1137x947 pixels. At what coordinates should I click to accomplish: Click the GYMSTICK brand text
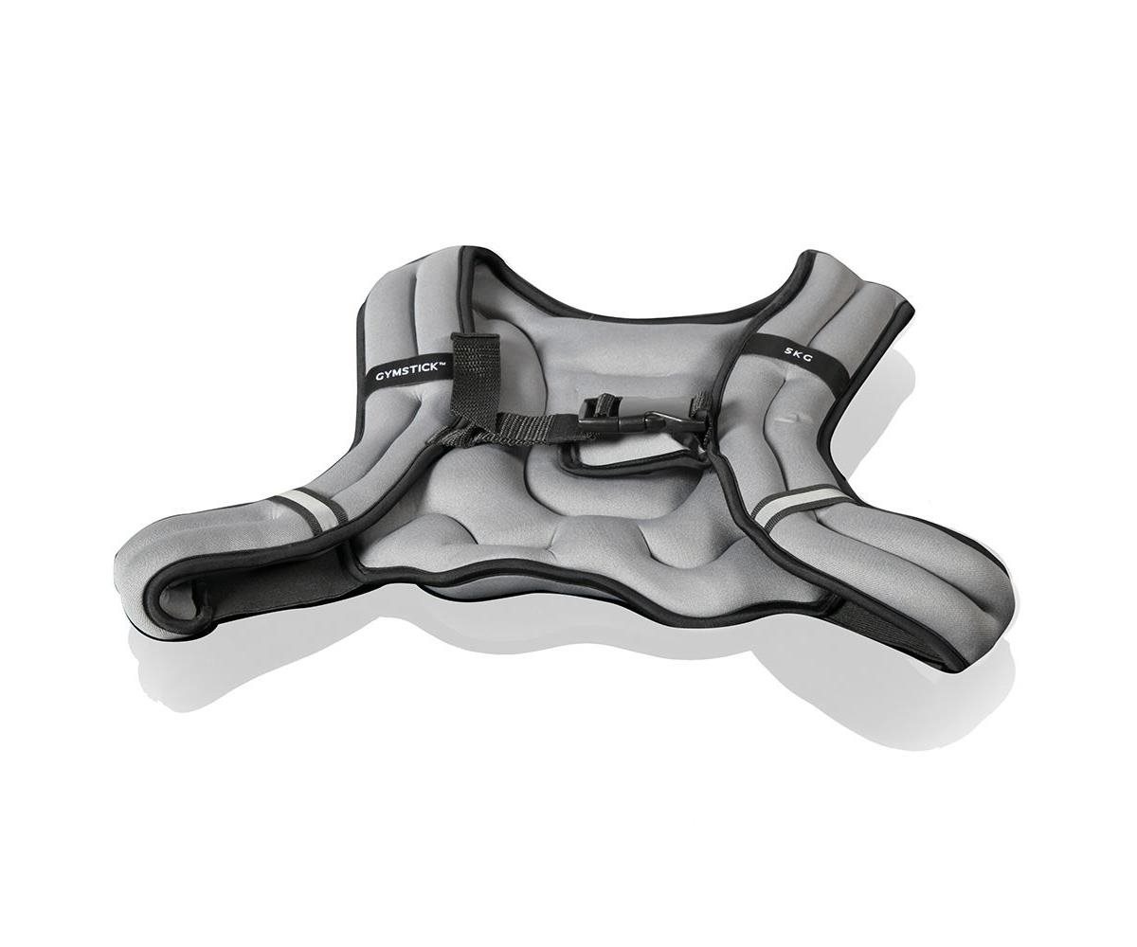[x=407, y=371]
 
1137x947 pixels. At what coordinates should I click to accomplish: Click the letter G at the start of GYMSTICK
[x=379, y=377]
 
